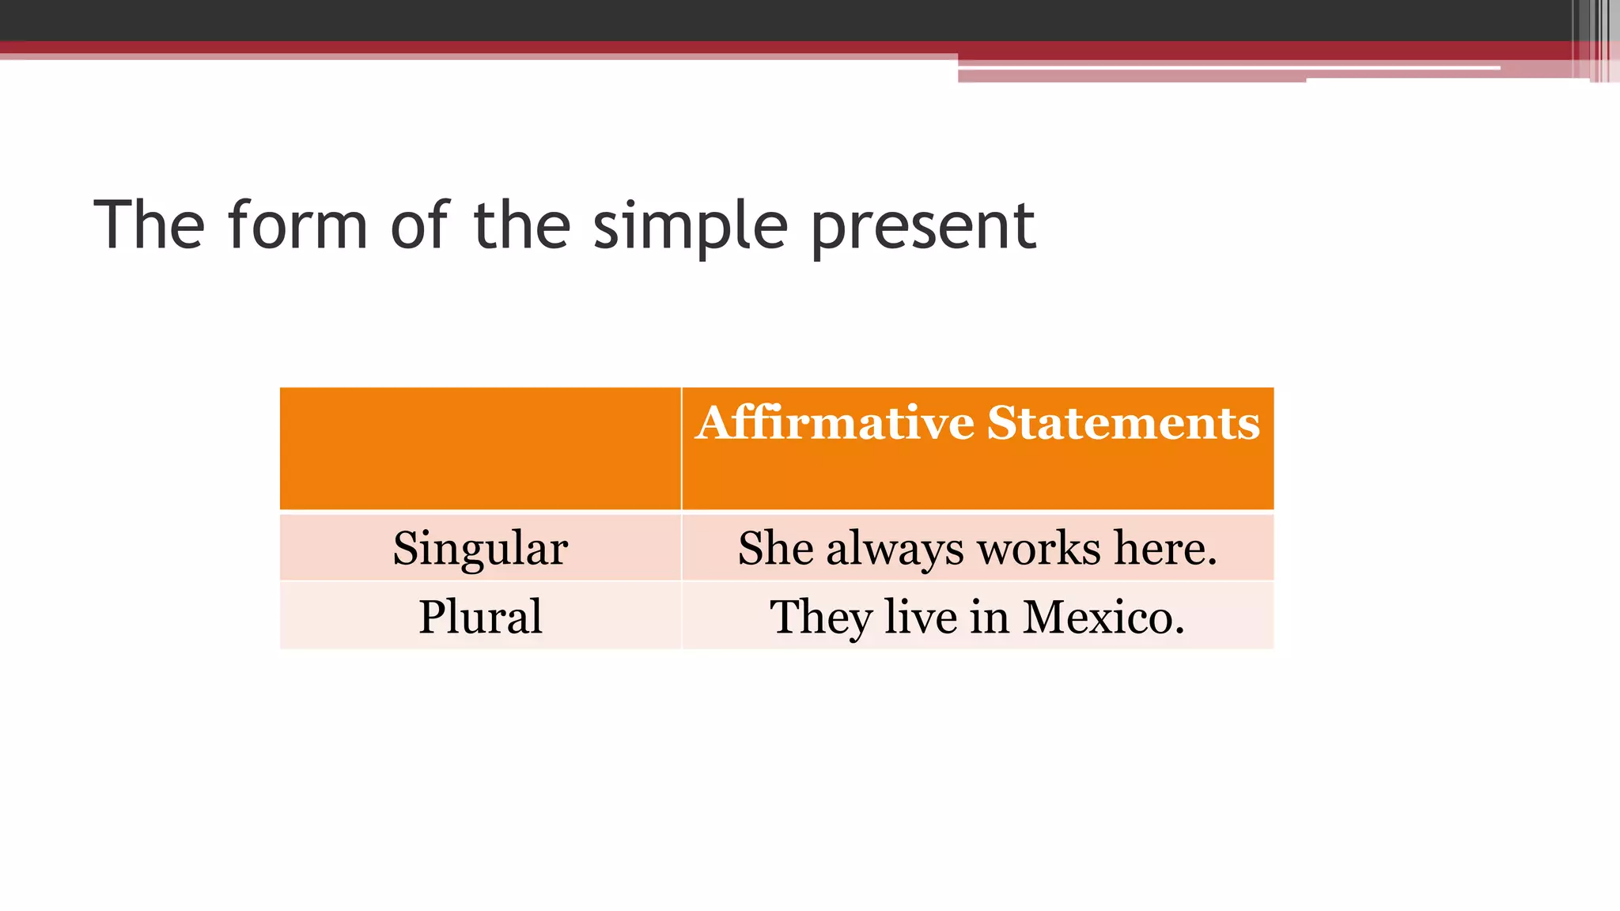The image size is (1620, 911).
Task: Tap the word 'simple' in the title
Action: [690, 227]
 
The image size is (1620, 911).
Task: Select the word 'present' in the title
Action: [923, 227]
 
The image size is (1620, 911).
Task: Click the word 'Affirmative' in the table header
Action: [835, 422]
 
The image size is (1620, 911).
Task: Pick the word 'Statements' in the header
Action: [1123, 422]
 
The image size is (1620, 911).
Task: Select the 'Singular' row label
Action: [480, 548]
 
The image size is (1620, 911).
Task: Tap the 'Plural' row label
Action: [480, 616]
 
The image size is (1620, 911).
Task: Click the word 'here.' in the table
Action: [1165, 548]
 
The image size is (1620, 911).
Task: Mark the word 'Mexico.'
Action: [1103, 616]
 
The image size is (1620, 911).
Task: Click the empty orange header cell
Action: [480, 448]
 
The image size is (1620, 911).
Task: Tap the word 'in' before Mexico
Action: [989, 616]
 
